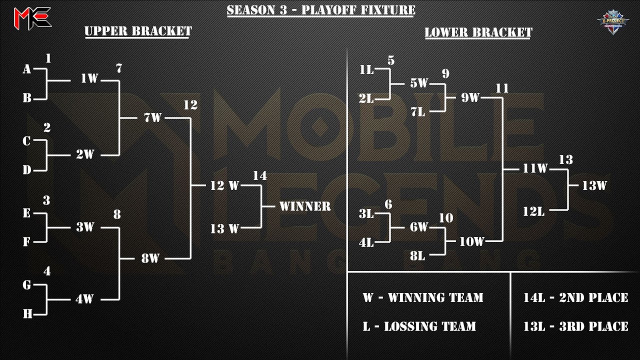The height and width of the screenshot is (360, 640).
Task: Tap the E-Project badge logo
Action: [612, 22]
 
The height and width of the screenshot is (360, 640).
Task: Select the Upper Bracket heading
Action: [138, 31]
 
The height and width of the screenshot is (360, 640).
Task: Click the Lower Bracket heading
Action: [478, 32]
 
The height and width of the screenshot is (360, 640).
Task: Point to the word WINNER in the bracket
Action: [305, 206]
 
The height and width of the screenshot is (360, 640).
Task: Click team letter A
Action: [27, 69]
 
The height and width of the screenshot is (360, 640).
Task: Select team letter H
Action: [27, 314]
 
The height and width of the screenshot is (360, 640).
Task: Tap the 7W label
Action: [152, 118]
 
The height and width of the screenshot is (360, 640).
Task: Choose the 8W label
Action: [150, 258]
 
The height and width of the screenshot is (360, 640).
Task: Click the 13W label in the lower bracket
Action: [594, 185]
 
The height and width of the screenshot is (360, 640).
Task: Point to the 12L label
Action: [533, 211]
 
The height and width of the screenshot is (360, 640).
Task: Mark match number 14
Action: [259, 175]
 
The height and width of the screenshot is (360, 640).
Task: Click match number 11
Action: [502, 88]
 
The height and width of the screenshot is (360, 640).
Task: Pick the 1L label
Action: [366, 70]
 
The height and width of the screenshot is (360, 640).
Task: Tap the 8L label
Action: [417, 256]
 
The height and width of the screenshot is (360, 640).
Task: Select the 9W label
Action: [470, 98]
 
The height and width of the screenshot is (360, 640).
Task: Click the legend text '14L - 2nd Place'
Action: [575, 298]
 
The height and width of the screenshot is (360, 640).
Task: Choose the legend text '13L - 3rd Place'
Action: [575, 327]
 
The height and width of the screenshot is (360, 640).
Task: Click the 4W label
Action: [85, 299]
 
